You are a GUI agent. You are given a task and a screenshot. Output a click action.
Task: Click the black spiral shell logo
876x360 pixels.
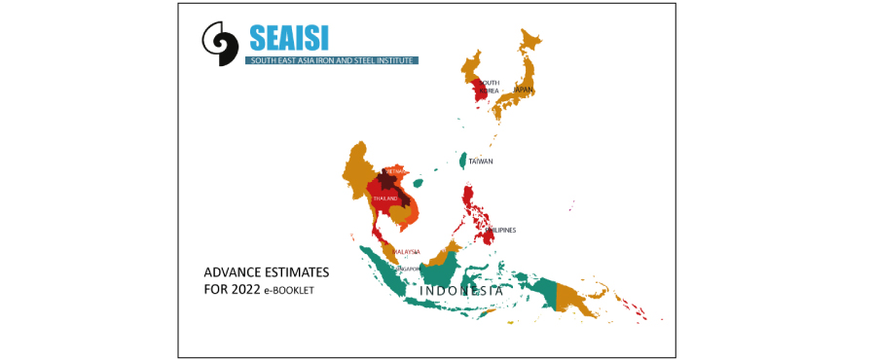[220, 44]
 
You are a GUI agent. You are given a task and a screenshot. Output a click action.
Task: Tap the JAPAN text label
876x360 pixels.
[523, 90]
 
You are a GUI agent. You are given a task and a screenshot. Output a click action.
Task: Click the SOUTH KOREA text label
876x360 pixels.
[489, 87]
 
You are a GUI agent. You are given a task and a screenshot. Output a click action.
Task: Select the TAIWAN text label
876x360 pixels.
[481, 162]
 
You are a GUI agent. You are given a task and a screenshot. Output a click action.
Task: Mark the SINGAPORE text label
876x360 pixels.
[405, 269]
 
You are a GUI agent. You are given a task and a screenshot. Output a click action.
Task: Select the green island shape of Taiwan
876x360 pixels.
[462, 160]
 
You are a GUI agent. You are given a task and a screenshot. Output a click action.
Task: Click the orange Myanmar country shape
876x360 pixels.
[356, 175]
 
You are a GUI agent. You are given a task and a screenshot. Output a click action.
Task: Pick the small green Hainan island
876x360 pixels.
[418, 182]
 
